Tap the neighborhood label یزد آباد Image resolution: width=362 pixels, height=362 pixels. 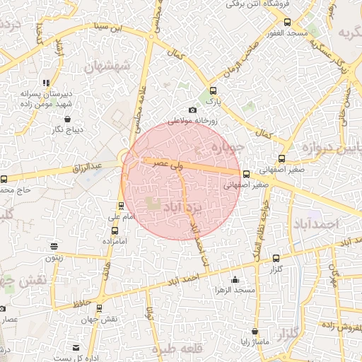pyautogui.click(x=182, y=207)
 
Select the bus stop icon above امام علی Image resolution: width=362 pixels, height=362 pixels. pyautogui.click(x=122, y=206)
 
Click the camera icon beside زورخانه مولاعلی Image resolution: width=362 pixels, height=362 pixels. pyautogui.click(x=192, y=109)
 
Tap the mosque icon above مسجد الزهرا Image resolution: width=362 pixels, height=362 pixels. pyautogui.click(x=235, y=280)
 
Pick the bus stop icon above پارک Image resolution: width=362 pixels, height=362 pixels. pyautogui.click(x=214, y=90)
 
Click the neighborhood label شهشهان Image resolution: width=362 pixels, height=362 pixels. pyautogui.click(x=107, y=67)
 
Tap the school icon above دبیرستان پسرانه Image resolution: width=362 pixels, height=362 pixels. pyautogui.click(x=46, y=83)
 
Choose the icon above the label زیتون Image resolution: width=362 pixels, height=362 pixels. pyautogui.click(x=54, y=246)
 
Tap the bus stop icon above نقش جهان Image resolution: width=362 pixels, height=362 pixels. pyautogui.click(x=98, y=308)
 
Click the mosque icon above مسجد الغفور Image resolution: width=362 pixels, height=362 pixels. pyautogui.click(x=287, y=23)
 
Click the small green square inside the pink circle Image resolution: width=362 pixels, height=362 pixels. pyautogui.click(x=154, y=204)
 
